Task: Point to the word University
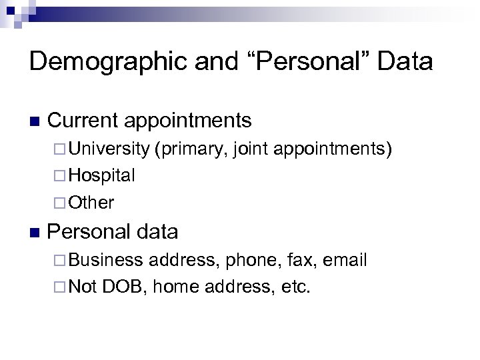109,149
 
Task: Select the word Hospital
101,176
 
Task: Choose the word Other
91,203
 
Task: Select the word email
345,260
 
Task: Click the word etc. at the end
297,287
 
